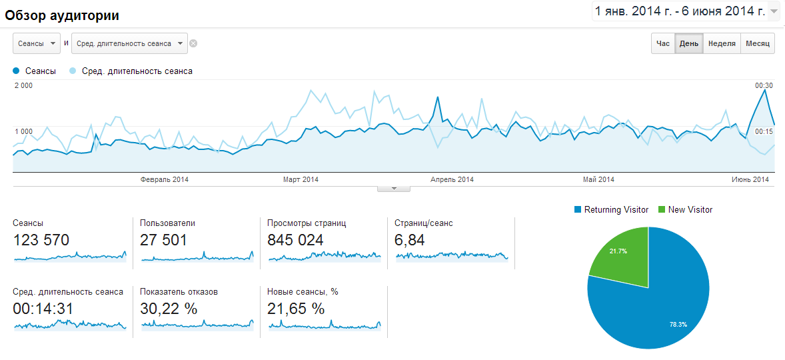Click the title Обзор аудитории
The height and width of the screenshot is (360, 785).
pos(62,15)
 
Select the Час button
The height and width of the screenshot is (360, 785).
pos(663,44)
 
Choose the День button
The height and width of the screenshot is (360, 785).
pos(689,44)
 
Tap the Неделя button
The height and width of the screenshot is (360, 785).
pos(722,44)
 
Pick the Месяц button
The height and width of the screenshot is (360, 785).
pos(758,44)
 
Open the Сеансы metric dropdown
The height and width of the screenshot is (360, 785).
pos(37,44)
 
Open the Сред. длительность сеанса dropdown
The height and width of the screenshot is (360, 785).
pos(129,44)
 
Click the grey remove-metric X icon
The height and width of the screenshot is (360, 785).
pos(193,44)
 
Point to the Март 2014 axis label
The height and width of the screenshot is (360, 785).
pos(301,179)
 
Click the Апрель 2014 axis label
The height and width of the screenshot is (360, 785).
pos(452,179)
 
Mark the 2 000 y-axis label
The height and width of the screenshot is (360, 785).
pos(23,86)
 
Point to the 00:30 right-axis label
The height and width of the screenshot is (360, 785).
pos(764,86)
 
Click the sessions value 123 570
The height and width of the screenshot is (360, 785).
pos(41,240)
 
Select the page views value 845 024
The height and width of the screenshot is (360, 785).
pos(295,240)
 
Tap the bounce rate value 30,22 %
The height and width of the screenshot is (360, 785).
pos(169,309)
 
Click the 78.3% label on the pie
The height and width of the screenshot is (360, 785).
pos(678,324)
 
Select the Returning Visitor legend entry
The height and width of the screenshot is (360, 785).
pos(611,210)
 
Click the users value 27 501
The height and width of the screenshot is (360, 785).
pos(163,240)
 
